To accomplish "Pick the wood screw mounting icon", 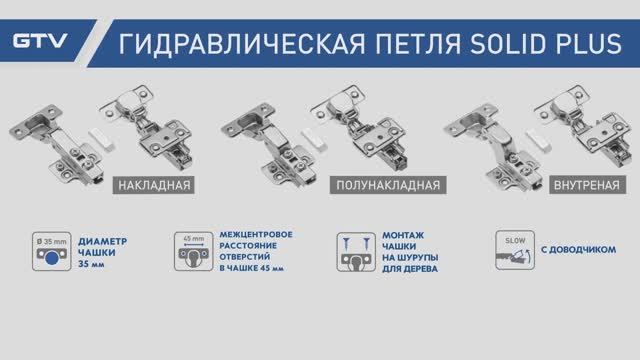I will (x=350, y=251).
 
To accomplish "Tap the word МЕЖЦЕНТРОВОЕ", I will (x=256, y=234).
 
